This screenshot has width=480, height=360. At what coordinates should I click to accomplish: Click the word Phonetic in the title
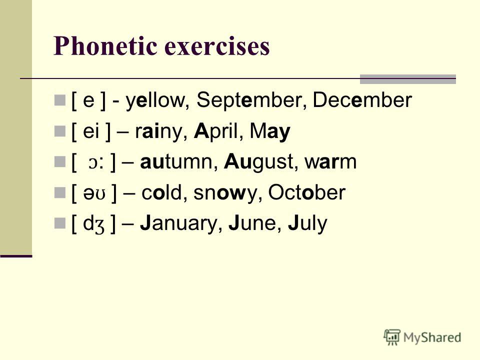point(105,46)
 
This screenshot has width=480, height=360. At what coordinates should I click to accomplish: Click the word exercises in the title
point(217,46)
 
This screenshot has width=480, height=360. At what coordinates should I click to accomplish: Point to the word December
point(362,100)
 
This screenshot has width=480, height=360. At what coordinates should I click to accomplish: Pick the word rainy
point(161,132)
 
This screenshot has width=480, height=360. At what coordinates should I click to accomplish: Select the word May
point(269,132)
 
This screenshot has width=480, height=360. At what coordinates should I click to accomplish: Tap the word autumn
point(179,161)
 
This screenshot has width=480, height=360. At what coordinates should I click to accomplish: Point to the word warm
point(330,162)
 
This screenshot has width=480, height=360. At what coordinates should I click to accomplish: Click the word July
point(307,224)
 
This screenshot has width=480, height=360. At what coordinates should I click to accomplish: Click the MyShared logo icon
point(392,337)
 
